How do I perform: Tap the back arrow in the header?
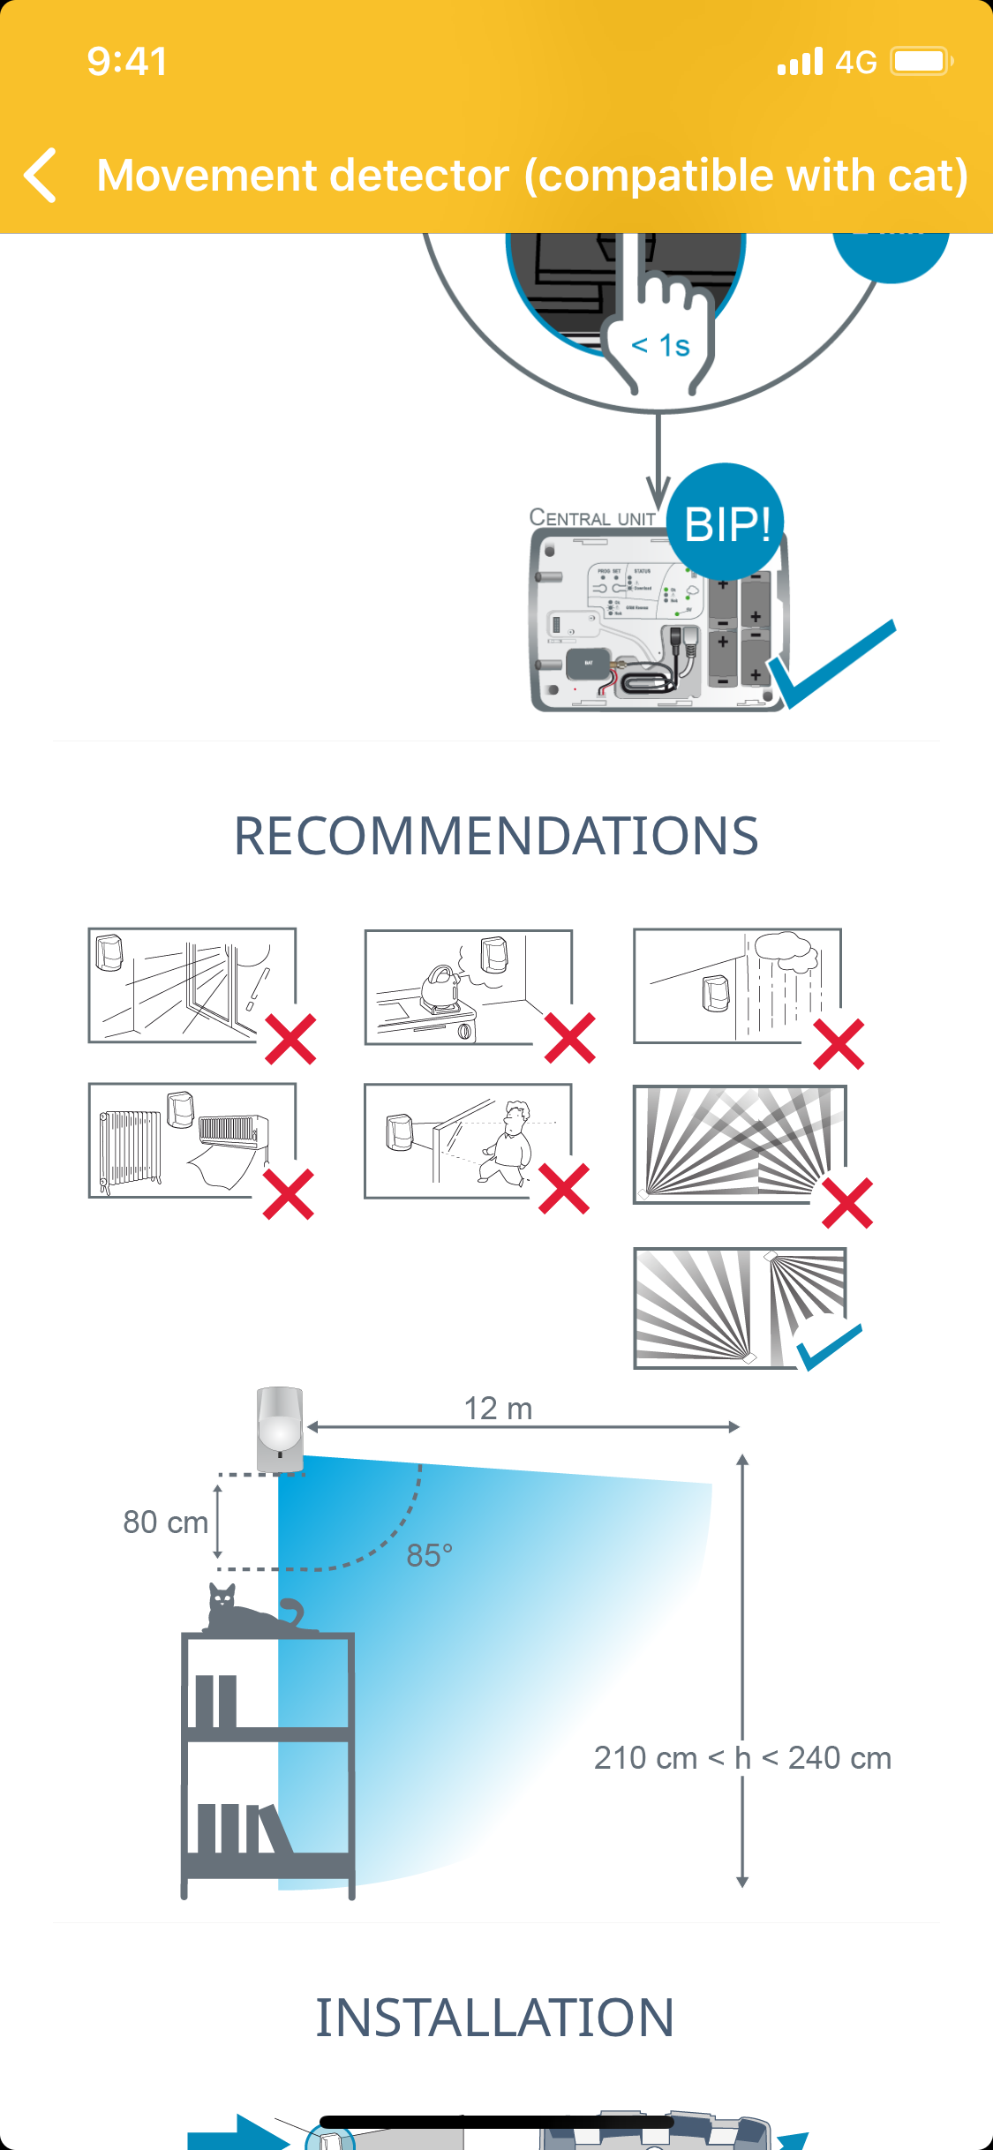pyautogui.click(x=41, y=175)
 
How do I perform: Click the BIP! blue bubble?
pyautogui.click(x=726, y=522)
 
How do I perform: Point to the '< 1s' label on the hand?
pyautogui.click(x=660, y=345)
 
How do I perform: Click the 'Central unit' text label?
pyautogui.click(x=591, y=518)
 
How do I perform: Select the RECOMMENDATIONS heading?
pyautogui.click(x=496, y=836)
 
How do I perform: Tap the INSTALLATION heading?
pyautogui.click(x=495, y=2018)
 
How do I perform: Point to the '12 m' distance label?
pyautogui.click(x=498, y=1409)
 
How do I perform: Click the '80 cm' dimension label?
pyautogui.click(x=165, y=1522)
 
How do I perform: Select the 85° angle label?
pyautogui.click(x=429, y=1555)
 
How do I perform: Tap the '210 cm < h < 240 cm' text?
pyautogui.click(x=742, y=1757)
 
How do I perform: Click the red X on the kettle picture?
pyautogui.click(x=570, y=1038)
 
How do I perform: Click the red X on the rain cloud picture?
pyautogui.click(x=839, y=1044)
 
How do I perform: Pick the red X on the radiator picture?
pyautogui.click(x=289, y=1194)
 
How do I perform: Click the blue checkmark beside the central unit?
pyautogui.click(x=830, y=664)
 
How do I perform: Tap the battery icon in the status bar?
pyautogui.click(x=920, y=62)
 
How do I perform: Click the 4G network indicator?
pyautogui.click(x=855, y=62)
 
